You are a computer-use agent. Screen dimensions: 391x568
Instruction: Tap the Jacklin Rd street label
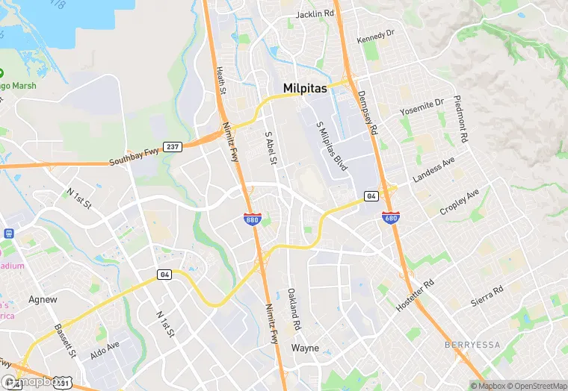click(314, 14)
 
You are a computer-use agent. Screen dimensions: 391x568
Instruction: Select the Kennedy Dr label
click(375, 37)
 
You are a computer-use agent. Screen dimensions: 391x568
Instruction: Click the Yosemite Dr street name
click(422, 107)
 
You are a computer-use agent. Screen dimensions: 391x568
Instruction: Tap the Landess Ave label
click(433, 171)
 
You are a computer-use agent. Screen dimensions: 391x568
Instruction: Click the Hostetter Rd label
click(418, 295)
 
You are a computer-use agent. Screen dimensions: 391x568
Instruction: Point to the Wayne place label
click(305, 348)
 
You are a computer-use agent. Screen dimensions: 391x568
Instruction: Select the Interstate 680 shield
click(389, 217)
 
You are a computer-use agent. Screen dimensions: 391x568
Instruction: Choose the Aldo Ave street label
click(105, 348)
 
